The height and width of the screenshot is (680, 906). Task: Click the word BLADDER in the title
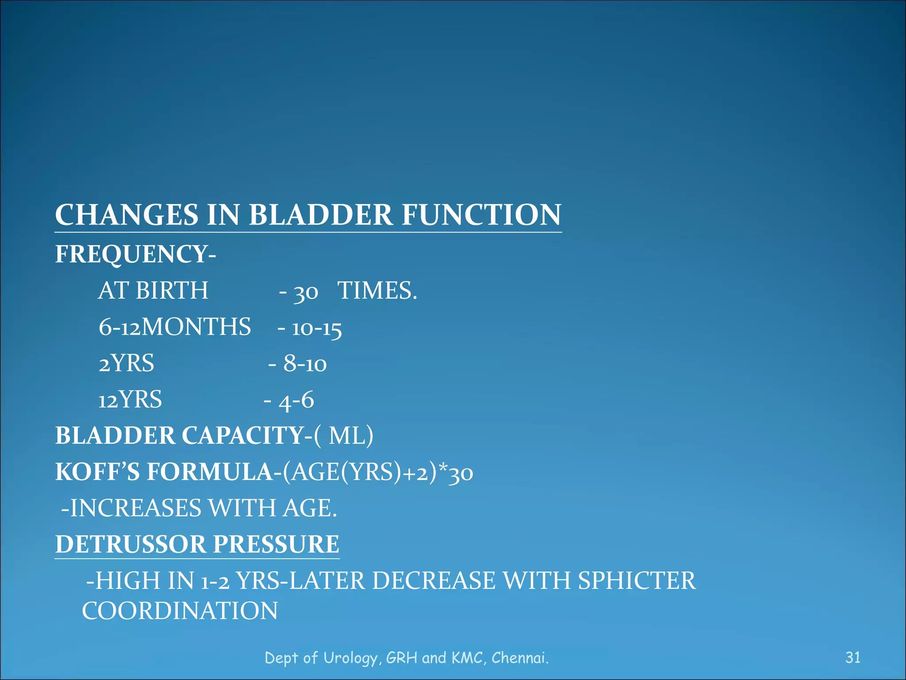click(x=320, y=215)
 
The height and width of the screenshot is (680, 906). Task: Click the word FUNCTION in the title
click(x=481, y=215)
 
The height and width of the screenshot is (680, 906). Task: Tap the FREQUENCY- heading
click(x=135, y=254)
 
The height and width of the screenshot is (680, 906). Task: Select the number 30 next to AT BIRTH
click(x=306, y=292)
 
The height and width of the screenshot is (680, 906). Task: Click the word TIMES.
click(x=377, y=291)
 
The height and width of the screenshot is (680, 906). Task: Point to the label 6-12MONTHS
click(x=175, y=327)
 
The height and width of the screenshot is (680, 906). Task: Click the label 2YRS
click(x=127, y=363)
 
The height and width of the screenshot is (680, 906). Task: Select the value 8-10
click(x=305, y=364)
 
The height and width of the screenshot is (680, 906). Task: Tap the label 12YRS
click(x=130, y=400)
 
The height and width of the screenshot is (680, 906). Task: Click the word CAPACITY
click(x=243, y=436)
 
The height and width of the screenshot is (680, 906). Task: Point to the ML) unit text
click(x=351, y=436)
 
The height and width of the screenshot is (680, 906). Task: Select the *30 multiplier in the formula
click(x=456, y=473)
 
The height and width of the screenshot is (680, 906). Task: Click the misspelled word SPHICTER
click(x=637, y=581)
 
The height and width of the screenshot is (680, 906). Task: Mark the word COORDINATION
click(x=180, y=611)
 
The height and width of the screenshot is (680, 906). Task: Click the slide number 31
click(x=852, y=657)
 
